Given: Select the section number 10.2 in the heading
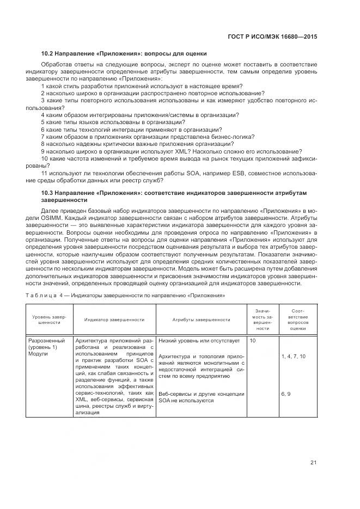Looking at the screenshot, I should click(48, 53).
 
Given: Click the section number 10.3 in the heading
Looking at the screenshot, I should click(48, 193).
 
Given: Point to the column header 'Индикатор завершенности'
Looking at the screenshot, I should click(114, 320).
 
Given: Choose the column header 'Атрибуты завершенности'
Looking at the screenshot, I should click(201, 320).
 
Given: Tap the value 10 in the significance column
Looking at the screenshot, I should click(252, 341).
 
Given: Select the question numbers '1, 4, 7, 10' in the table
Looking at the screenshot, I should click(293, 356).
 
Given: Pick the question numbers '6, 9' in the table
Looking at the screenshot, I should click(286, 393).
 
